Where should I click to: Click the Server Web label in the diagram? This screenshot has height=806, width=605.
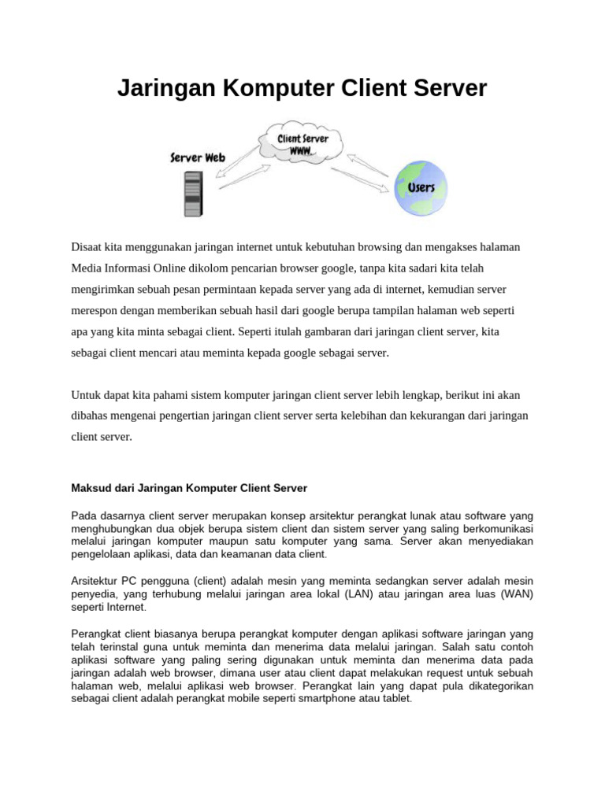click(198, 157)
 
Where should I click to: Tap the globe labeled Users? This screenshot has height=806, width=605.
click(421, 188)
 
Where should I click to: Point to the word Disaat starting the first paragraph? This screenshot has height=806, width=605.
click(88, 247)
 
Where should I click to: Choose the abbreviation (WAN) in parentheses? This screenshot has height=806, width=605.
click(514, 594)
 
